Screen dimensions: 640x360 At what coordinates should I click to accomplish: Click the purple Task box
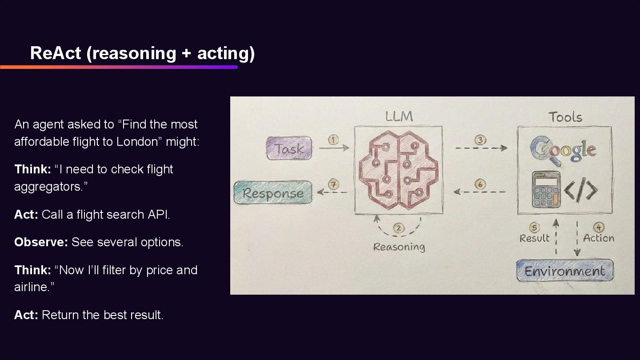(289, 149)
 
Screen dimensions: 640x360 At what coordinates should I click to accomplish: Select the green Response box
(273, 193)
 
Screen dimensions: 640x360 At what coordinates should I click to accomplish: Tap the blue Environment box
(564, 271)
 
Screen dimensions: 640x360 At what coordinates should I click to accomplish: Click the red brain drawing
(398, 171)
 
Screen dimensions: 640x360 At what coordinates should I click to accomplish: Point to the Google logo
(563, 149)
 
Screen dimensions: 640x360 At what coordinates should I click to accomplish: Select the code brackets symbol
(581, 190)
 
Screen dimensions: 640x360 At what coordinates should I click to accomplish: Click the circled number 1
(333, 140)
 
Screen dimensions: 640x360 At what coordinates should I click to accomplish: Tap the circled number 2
(399, 228)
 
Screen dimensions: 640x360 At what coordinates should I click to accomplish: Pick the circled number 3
(480, 140)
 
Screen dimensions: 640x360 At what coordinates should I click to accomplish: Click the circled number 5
(535, 228)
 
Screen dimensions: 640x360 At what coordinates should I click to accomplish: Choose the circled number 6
(480, 184)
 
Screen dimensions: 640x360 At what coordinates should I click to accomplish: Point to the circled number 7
(333, 184)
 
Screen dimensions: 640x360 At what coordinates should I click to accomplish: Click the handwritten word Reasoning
(399, 247)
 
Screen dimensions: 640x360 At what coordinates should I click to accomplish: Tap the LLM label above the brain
(399, 116)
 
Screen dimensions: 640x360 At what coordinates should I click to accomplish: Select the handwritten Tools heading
(565, 117)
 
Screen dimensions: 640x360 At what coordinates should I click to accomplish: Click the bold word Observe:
(41, 242)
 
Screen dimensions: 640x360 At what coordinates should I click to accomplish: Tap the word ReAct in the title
(56, 53)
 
